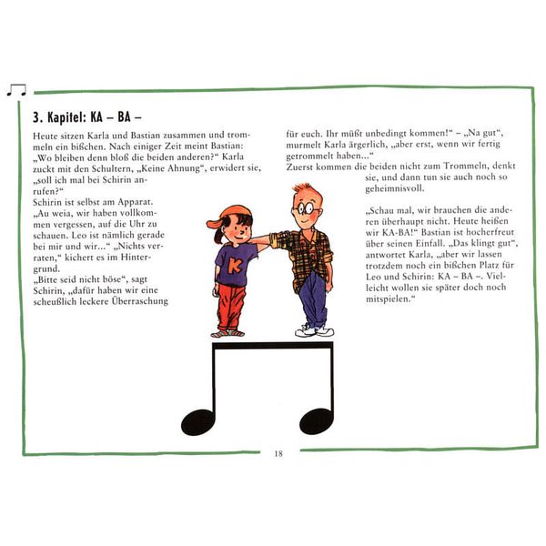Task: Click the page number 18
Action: pyautogui.click(x=278, y=453)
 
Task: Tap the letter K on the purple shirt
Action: pyautogui.click(x=235, y=266)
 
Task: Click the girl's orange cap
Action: pyautogui.click(x=228, y=216)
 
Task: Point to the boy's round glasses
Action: pyautogui.click(x=307, y=209)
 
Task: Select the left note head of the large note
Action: pyautogui.click(x=197, y=422)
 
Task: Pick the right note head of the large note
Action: pyautogui.click(x=316, y=421)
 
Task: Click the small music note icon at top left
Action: pyautogui.click(x=16, y=90)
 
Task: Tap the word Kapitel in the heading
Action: pyautogui.click(x=66, y=117)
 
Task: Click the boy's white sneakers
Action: pyautogui.click(x=315, y=330)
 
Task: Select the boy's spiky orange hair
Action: pyautogui.click(x=303, y=190)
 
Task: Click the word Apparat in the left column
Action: pyautogui.click(x=135, y=202)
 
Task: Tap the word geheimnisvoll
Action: pyautogui.click(x=395, y=188)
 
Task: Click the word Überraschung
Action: pyautogui.click(x=139, y=301)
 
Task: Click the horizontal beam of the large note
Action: pyautogui.click(x=273, y=346)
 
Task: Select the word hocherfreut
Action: pyautogui.click(x=490, y=232)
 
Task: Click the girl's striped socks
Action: pyautogui.click(x=228, y=333)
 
